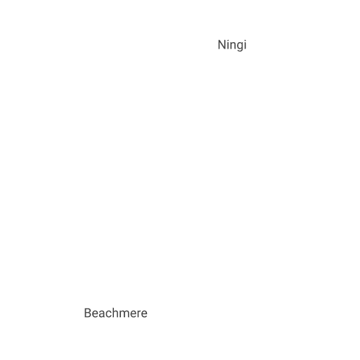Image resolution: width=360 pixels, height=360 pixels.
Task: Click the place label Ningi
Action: [232, 45]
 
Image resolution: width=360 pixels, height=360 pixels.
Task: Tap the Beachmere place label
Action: [116, 313]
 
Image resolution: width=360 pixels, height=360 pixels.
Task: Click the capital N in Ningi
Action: [221, 44]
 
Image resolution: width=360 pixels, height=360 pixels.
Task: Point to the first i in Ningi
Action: [229, 44]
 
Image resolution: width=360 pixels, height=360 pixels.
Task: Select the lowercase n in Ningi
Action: [234, 46]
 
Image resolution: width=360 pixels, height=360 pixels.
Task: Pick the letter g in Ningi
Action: [241, 47]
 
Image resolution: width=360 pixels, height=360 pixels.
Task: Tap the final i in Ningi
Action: [245, 44]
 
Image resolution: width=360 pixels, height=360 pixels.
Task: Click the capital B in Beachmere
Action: [88, 313]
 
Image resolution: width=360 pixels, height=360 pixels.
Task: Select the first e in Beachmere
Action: [95, 314]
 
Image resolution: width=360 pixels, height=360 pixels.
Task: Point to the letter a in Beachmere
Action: [102, 314]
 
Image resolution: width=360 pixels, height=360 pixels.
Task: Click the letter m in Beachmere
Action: [126, 314]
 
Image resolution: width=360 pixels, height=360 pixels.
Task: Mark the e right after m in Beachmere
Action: [135, 314]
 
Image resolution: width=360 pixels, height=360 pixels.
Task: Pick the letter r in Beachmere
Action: [141, 314]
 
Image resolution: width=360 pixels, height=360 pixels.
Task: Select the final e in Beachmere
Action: [145, 314]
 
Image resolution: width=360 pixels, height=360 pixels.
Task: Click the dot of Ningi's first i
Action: [229, 40]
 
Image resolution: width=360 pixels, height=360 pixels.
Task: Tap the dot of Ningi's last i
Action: [245, 40]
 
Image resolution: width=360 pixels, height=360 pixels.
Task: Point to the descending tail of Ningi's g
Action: [241, 51]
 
